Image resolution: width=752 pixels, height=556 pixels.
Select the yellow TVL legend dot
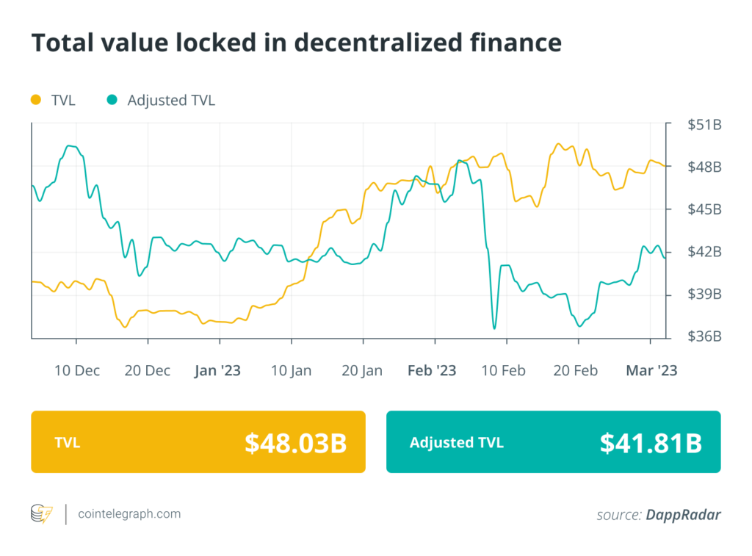click(x=36, y=100)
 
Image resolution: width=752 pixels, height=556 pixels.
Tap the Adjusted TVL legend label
click(x=171, y=100)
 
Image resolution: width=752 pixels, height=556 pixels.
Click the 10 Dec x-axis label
click(x=77, y=371)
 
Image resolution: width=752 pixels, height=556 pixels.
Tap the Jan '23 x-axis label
click(x=217, y=371)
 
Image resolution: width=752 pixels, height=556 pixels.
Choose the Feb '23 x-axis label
click(x=432, y=371)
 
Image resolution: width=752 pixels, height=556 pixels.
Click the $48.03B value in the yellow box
click(x=295, y=442)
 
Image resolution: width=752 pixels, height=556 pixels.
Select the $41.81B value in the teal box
click(x=651, y=442)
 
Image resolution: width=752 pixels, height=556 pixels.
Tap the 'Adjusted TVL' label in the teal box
click(x=457, y=442)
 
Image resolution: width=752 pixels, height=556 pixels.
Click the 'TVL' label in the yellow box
click(x=67, y=442)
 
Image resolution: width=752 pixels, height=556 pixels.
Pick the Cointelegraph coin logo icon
click(x=42, y=514)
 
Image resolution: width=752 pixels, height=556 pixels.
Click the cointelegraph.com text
click(x=129, y=514)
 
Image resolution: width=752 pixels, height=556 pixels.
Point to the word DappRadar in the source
click(x=683, y=515)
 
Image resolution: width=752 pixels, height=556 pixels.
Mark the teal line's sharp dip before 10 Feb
click(x=494, y=328)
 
